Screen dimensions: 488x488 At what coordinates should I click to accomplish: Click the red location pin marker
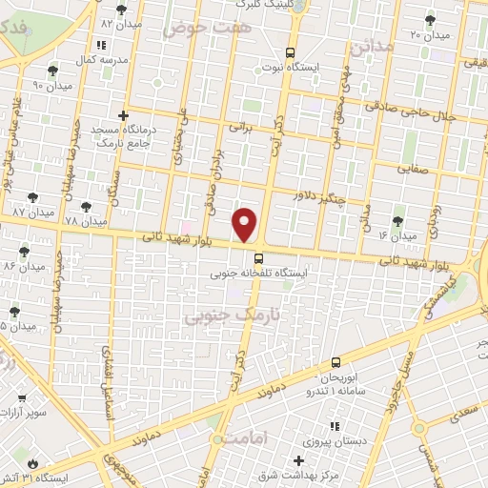click(246, 224)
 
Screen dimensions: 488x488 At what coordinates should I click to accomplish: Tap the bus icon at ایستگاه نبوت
click(291, 53)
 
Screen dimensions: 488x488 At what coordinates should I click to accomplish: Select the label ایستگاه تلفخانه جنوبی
click(258, 274)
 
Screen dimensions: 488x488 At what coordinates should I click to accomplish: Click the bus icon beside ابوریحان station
click(335, 362)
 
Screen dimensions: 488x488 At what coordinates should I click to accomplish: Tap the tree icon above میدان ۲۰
click(430, 19)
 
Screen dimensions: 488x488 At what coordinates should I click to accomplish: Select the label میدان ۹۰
click(51, 85)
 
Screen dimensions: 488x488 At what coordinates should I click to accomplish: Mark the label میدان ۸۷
click(32, 211)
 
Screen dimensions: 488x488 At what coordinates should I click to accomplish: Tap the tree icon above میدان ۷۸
click(86, 207)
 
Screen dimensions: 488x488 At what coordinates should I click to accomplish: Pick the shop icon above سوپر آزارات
click(22, 398)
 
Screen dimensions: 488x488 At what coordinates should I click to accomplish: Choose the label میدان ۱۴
click(397, 234)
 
